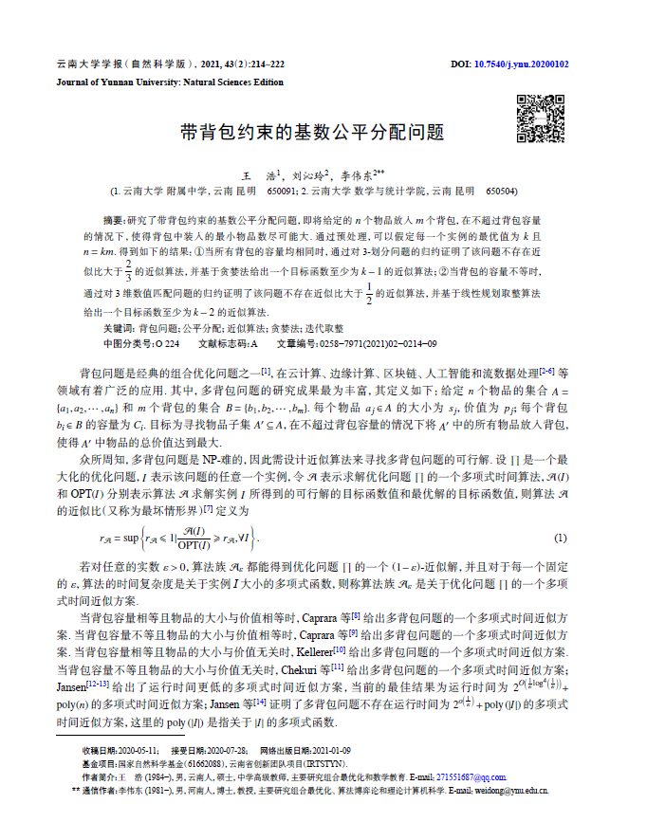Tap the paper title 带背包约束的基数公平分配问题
click(x=312, y=133)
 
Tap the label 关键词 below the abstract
click(x=117, y=327)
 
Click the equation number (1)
click(x=560, y=539)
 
